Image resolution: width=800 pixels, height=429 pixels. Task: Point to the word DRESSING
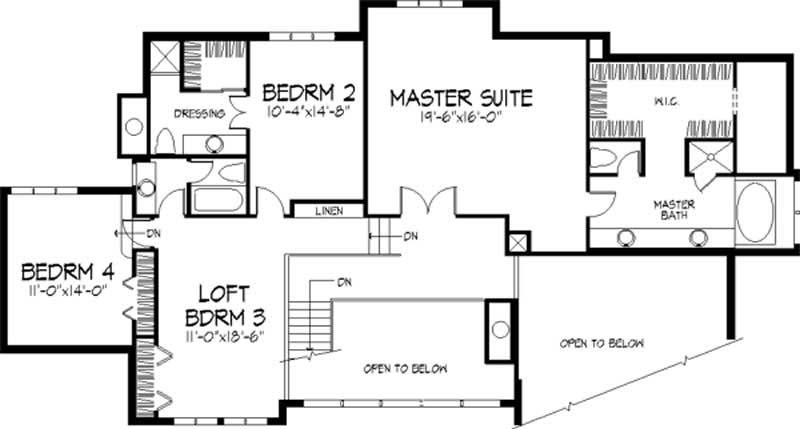[x=197, y=113]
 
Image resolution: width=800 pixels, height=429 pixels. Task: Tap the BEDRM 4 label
[x=68, y=271]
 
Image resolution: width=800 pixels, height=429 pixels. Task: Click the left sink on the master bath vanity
[x=627, y=238]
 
